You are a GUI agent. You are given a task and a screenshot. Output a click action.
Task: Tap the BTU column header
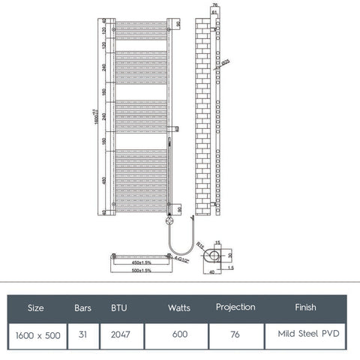pos(120,308)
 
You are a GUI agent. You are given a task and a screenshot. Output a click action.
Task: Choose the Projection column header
pos(235,307)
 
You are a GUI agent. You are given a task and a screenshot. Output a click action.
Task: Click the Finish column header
pos(305,307)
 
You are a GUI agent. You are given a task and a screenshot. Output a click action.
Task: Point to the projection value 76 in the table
pos(235,335)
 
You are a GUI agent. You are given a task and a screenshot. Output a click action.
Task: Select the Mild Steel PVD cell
pos(306,335)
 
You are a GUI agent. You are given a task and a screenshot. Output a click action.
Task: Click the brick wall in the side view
pos(203,112)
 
